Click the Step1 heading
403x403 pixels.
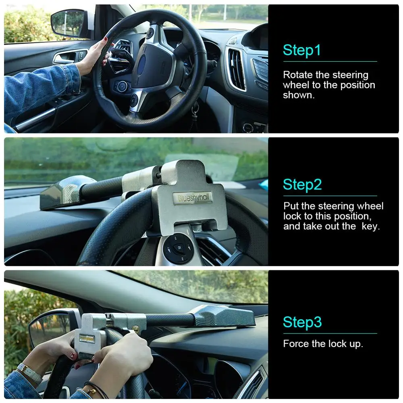(302, 50)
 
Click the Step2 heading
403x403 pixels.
(302, 185)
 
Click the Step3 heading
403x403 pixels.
(302, 322)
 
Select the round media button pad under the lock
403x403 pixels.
(177, 248)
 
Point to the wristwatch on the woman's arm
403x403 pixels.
(29, 373)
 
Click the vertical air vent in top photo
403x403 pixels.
(237, 69)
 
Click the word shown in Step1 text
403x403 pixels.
(298, 95)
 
